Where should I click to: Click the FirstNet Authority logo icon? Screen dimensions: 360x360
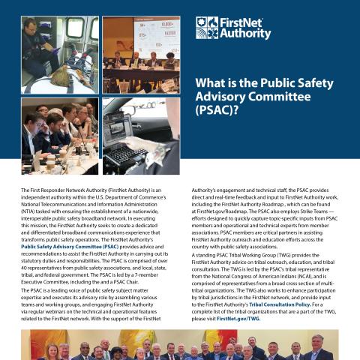click(206, 28)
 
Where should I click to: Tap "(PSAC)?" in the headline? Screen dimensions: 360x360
click(217, 112)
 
